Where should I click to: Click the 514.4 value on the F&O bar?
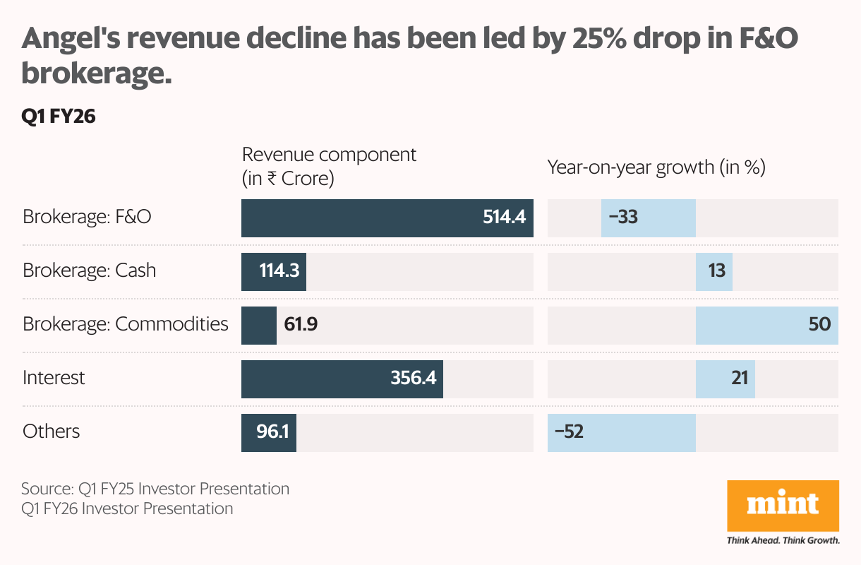click(x=504, y=217)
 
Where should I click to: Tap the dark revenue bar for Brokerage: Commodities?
click(x=258, y=325)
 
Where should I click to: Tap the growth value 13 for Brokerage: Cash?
click(x=717, y=271)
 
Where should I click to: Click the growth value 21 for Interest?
click(x=739, y=379)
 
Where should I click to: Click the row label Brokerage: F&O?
click(x=87, y=217)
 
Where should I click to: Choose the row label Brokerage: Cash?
click(x=89, y=270)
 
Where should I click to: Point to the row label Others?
click(x=51, y=432)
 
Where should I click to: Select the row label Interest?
click(x=54, y=378)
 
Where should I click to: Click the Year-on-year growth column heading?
click(x=656, y=167)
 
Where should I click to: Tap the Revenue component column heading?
click(x=329, y=166)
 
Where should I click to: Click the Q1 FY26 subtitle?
click(x=59, y=117)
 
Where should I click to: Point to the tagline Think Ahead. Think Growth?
click(x=783, y=541)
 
